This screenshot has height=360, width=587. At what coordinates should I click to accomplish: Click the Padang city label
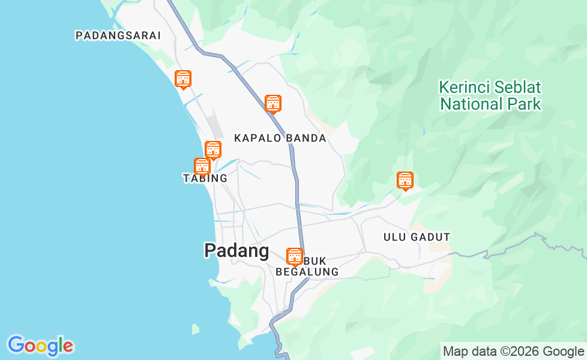click(x=236, y=250)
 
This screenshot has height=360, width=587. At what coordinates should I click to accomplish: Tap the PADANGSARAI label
click(x=118, y=35)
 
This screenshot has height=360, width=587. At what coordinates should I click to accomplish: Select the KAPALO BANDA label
click(x=280, y=138)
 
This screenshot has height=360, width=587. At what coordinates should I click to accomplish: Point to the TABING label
click(x=205, y=178)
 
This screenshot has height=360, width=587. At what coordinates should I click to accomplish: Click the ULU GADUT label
click(x=417, y=237)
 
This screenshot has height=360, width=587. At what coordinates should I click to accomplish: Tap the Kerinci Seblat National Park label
click(x=490, y=95)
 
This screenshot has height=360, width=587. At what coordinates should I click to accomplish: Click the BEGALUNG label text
click(x=307, y=272)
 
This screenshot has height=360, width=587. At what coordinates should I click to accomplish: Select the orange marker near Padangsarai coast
click(x=183, y=79)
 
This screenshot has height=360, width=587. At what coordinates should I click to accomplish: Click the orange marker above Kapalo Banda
click(x=273, y=103)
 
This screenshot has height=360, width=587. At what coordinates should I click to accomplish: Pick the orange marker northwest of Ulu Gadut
click(x=405, y=179)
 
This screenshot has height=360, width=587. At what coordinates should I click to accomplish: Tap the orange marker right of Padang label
click(x=294, y=256)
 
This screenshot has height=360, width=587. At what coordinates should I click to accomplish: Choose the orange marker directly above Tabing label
click(x=202, y=166)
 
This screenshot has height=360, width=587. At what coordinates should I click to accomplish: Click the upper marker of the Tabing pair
click(x=213, y=149)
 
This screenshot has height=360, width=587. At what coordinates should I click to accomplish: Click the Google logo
click(x=40, y=346)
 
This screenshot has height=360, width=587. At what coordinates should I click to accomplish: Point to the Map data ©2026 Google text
click(x=513, y=352)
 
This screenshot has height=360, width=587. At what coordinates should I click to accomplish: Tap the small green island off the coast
click(x=196, y=329)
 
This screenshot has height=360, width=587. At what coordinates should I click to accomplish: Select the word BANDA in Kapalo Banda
click(x=306, y=138)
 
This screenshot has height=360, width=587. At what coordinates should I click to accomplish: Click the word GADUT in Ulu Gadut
click(x=430, y=237)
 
